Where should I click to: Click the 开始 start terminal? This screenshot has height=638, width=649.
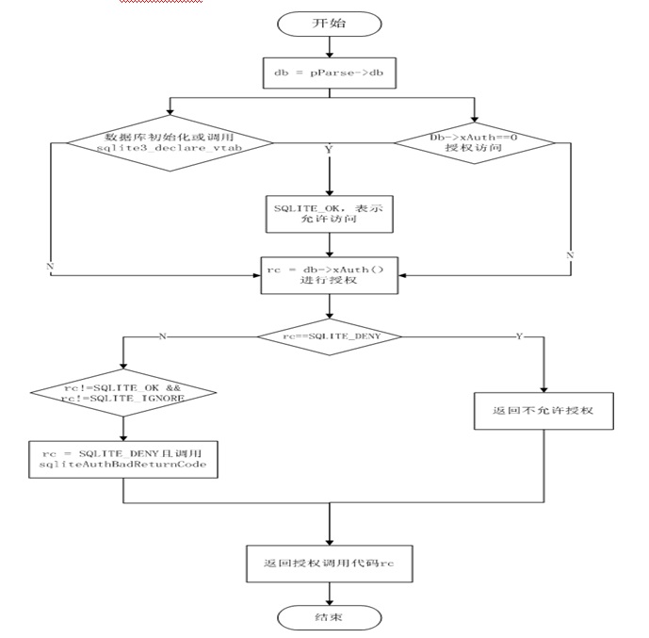click(x=328, y=23)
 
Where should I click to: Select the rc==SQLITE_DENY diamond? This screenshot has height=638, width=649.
click(x=329, y=337)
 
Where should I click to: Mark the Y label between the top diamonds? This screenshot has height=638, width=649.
click(x=329, y=149)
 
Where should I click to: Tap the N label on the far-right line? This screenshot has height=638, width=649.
click(x=569, y=255)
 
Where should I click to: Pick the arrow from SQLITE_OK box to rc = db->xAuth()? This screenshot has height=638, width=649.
click(x=328, y=244)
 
